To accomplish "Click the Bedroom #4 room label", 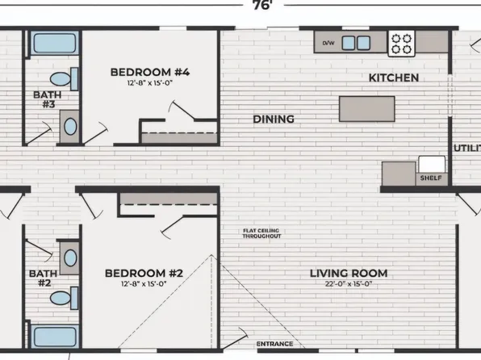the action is (x=150, y=72).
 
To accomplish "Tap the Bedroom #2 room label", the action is (x=144, y=273).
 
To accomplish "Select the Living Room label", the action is (x=349, y=273).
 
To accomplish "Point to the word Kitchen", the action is (x=394, y=78).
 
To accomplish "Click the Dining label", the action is (x=274, y=119).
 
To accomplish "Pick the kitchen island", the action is (x=367, y=109).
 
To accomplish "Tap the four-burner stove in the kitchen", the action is (x=402, y=44).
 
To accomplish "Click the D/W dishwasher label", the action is (x=328, y=43).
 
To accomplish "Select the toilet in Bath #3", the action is (x=64, y=79).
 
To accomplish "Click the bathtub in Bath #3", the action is (x=54, y=43).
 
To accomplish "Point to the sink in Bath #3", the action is (x=70, y=127).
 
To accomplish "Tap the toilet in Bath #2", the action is (x=64, y=298).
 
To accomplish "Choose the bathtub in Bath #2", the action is (x=55, y=337).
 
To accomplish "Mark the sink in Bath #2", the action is (x=70, y=257).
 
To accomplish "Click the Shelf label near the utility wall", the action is (x=431, y=178).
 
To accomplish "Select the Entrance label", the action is (x=274, y=344).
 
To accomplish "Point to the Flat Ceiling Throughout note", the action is (x=261, y=233).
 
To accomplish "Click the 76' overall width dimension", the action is (x=263, y=5).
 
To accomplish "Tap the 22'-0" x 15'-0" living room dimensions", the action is (x=349, y=284).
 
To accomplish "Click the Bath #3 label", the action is (x=48, y=99).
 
